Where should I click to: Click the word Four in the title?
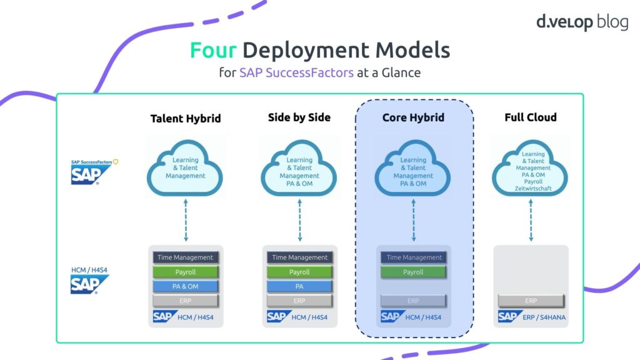(213, 50)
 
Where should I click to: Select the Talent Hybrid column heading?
(186, 118)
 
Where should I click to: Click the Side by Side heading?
(299, 117)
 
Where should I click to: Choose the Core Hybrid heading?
(413, 117)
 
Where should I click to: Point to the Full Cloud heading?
(531, 117)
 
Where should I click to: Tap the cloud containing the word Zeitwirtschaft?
(531, 171)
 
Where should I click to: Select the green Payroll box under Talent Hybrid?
(186, 272)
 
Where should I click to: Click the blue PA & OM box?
(186, 286)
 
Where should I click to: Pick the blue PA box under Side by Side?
(299, 286)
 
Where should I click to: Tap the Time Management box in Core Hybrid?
(413, 257)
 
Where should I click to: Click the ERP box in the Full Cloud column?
(531, 301)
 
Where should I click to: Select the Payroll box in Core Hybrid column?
(413, 272)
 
